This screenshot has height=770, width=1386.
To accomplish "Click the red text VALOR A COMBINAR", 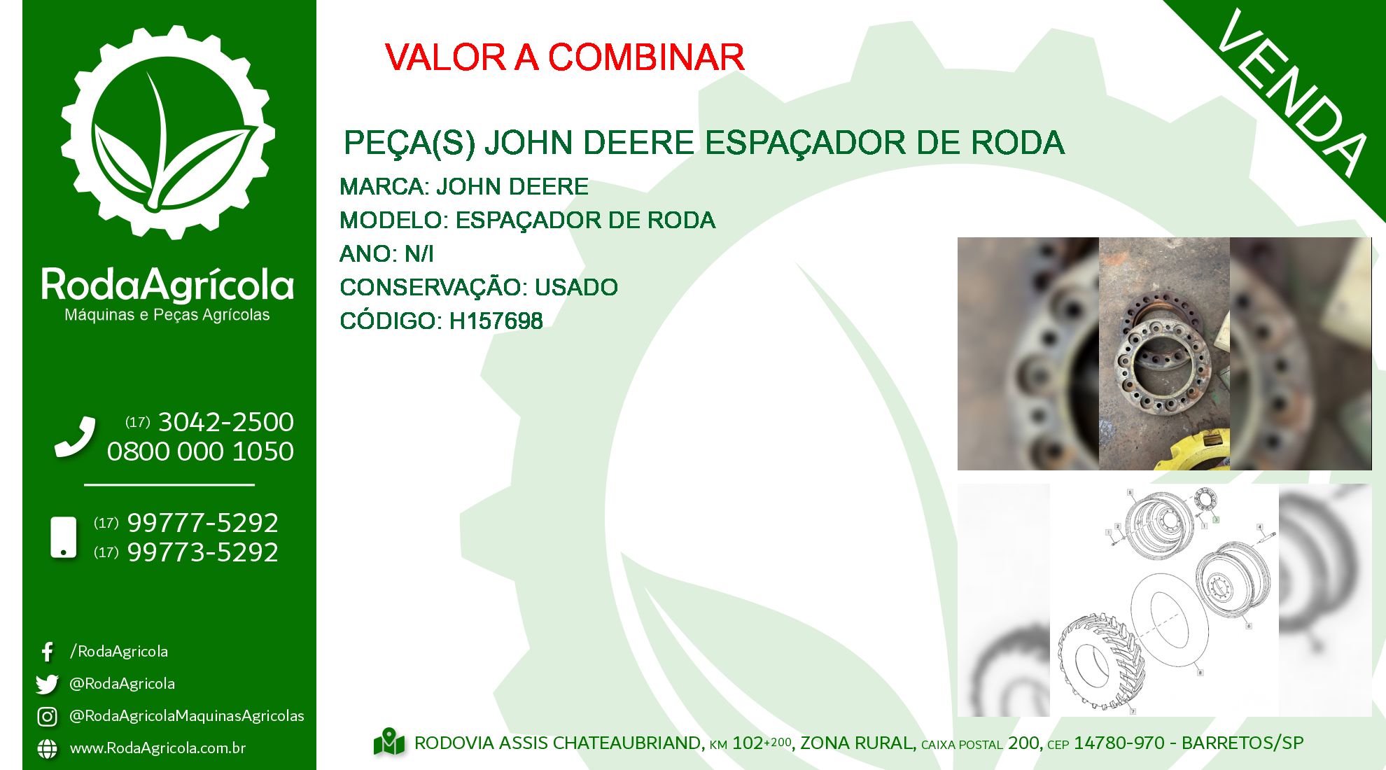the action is [564, 57].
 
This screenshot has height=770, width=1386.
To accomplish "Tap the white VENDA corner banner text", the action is [1292, 92].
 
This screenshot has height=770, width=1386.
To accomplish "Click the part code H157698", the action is [496, 321].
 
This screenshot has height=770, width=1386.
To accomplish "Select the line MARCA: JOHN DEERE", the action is [463, 187].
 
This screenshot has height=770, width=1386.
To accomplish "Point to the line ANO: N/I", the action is [386, 253].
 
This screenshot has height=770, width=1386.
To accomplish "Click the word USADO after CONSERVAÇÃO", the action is [576, 287].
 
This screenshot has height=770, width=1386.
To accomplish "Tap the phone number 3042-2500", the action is [225, 422].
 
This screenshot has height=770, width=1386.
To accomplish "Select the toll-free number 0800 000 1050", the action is [200, 451].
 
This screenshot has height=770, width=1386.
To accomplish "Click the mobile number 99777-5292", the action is [203, 523].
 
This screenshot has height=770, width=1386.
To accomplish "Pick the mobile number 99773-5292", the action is [203, 552].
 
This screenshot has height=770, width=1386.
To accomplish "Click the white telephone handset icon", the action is [75, 437].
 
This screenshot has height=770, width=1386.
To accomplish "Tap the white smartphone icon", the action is [64, 538].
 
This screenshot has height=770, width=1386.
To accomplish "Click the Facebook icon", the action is [47, 652].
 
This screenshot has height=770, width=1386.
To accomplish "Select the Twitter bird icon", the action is [47, 684].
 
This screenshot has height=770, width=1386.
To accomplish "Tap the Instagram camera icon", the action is [47, 716].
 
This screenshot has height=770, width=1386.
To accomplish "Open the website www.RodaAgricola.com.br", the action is [157, 748].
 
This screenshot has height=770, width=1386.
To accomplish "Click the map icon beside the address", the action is [389, 742].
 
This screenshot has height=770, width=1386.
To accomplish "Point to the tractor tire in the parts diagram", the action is [1100, 659].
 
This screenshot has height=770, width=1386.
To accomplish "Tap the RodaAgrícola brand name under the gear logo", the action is [168, 285].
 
